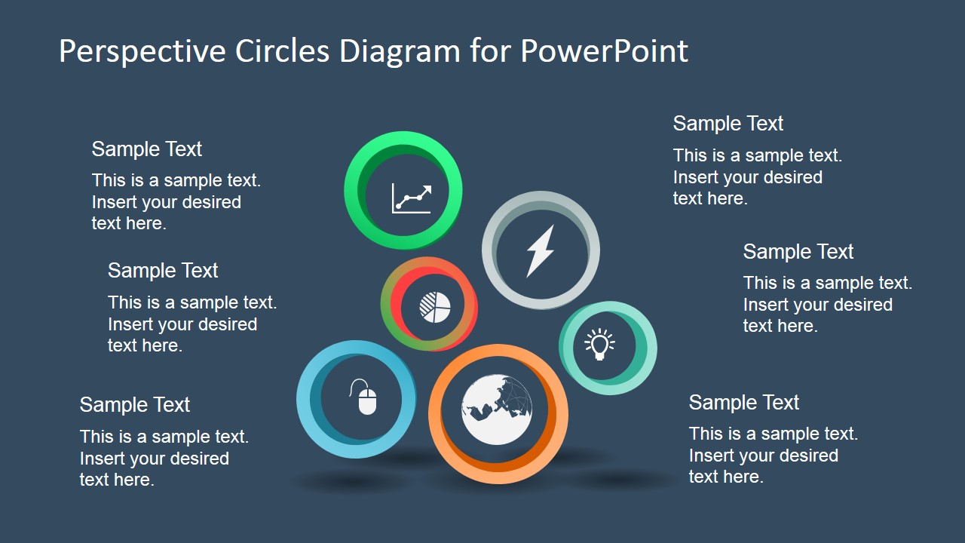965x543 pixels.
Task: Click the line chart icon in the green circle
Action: (412, 198)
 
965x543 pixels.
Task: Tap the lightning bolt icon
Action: (540, 250)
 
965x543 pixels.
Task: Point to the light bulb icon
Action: (599, 345)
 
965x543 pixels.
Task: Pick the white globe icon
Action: (497, 410)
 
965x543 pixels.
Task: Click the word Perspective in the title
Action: (142, 51)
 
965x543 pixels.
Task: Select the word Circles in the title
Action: (282, 51)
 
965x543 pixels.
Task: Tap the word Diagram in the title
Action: (400, 51)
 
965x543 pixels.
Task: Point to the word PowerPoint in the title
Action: (604, 51)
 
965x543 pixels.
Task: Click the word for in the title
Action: (490, 51)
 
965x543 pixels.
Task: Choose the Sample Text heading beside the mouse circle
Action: (134, 405)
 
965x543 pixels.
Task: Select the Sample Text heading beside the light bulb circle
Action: (798, 252)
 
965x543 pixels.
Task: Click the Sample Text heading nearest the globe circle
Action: (743, 403)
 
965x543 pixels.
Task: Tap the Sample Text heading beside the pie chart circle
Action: (163, 271)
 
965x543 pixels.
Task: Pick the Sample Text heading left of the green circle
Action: (146, 149)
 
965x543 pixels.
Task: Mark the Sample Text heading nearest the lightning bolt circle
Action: (728, 124)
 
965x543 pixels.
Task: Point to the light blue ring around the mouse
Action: (308, 400)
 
